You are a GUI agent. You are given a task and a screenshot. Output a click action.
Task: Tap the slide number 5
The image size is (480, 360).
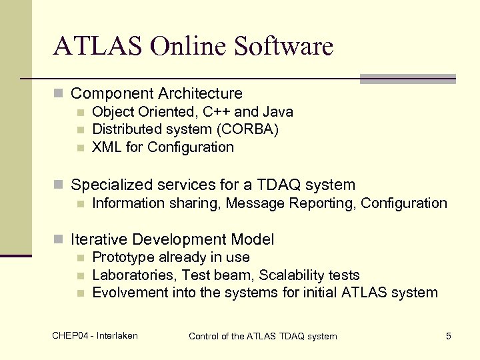pyautogui.click(x=449, y=336)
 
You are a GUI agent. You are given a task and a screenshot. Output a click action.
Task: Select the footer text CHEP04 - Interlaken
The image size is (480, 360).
pyautogui.click(x=95, y=335)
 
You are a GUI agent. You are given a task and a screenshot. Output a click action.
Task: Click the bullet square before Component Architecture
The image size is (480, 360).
pyautogui.click(x=59, y=94)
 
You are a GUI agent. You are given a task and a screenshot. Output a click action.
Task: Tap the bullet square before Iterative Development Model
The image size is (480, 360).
pyautogui.click(x=59, y=240)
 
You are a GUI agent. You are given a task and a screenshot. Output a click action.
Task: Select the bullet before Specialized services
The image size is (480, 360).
pyautogui.click(x=59, y=185)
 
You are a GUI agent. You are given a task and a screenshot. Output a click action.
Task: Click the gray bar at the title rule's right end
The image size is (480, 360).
pyautogui.click(x=407, y=79)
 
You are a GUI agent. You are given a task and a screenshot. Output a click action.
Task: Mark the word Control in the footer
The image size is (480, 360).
pyautogui.click(x=205, y=336)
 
